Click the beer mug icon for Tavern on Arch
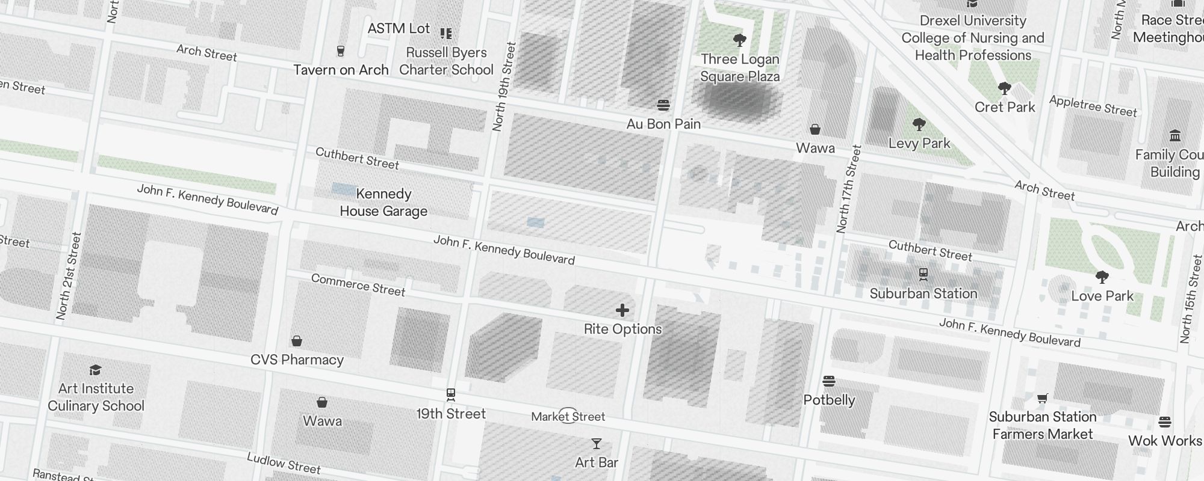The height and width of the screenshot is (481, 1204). tap(341, 51)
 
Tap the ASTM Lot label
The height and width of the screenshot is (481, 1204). tap(399, 28)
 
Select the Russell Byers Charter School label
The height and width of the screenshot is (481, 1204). tap(446, 61)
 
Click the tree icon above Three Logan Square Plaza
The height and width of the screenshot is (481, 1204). tap(740, 40)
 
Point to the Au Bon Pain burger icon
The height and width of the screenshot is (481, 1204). tap(663, 105)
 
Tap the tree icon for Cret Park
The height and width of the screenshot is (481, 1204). tap(1004, 88)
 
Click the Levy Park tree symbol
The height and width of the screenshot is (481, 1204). tap(919, 124)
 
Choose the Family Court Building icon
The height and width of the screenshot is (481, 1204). tap(1175, 135)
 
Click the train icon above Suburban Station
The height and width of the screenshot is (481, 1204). tap(923, 275)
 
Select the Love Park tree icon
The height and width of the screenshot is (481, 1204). tap(1102, 277)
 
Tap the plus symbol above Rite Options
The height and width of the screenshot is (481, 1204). tap(622, 310)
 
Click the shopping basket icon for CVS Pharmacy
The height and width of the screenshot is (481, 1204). tap(297, 341)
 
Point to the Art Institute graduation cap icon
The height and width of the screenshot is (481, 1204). tap(95, 369)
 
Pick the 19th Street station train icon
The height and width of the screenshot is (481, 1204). tap(450, 395)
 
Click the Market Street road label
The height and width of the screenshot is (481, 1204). tap(568, 417)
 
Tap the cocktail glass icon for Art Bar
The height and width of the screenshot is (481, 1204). tap(596, 444)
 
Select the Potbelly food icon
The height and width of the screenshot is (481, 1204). tap(829, 381)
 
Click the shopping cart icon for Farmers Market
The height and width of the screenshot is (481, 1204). tap(1042, 398)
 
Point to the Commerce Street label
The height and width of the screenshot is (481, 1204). tap(358, 285)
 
